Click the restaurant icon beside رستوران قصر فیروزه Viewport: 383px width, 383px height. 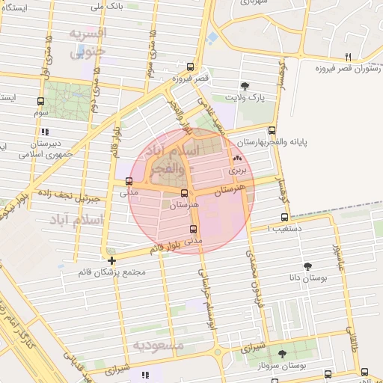348,57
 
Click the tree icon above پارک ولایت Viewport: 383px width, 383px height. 244,85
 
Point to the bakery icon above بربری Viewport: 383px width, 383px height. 238,159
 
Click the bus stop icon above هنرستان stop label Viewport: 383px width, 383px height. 184,193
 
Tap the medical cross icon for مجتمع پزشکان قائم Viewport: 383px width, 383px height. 112,261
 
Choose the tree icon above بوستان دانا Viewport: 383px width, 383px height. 308,266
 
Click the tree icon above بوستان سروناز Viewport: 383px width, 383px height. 282,354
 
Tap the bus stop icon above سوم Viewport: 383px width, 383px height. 40,101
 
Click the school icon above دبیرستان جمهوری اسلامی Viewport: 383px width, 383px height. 45,132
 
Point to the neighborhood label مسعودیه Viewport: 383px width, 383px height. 158,346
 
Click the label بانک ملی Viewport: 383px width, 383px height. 108,7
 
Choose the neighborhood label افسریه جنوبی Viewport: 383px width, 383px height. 88,43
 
